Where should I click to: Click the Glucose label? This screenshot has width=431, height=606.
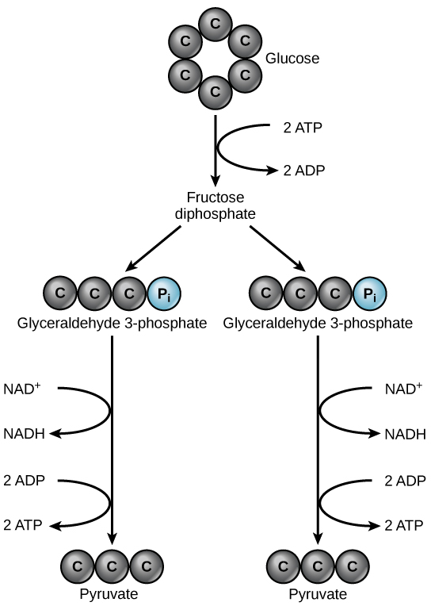292,58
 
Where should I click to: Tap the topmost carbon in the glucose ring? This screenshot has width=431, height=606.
215,25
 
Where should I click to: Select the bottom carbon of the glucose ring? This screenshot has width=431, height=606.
215,92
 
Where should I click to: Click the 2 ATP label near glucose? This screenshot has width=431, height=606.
302,127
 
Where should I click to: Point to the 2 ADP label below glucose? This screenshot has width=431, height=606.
302,170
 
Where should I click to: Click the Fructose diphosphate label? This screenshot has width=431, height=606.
215,205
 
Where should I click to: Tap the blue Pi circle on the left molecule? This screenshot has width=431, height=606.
164,293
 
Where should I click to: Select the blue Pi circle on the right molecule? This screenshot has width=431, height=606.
369,293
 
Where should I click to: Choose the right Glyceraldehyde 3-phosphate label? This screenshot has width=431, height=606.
318,323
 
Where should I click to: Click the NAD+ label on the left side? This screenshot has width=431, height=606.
22,389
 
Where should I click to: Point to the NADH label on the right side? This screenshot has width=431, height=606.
405,434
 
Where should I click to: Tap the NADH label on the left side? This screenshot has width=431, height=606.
25,434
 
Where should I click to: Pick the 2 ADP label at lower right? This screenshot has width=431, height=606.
405,480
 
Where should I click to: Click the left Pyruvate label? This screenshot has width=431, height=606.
113,595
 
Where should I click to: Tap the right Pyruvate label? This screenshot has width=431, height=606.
318,595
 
